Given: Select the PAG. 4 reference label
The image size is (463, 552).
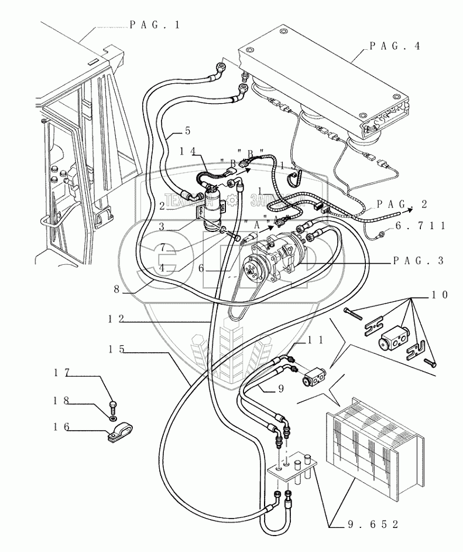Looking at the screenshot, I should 395,46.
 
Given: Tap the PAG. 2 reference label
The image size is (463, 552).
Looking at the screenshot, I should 402,204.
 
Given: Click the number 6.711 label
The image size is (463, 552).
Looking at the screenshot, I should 421,225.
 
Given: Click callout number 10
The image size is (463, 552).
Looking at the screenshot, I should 440,295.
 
